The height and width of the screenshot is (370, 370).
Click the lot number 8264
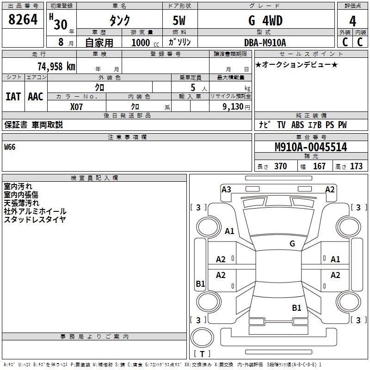[23, 19]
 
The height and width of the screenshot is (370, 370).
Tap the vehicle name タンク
[119, 20]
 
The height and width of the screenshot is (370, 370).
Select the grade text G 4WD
[265, 20]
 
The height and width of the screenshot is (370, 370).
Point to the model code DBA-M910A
[265, 43]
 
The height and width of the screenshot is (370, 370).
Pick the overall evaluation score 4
[352, 21]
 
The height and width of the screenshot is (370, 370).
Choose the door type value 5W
[179, 21]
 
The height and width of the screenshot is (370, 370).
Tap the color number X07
[77, 106]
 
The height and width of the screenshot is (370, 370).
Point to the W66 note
[10, 148]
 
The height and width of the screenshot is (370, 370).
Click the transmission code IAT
[13, 97]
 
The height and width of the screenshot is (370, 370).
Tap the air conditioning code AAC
[35, 97]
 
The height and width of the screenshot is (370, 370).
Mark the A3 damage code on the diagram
[226, 189]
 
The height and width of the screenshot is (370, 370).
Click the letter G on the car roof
[292, 243]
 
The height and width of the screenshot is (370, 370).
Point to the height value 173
[356, 166]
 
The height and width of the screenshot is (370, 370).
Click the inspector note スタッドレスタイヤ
[35, 220]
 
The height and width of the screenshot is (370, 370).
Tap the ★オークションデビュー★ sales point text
[296, 65]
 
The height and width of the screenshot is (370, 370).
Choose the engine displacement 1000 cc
[145, 43]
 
